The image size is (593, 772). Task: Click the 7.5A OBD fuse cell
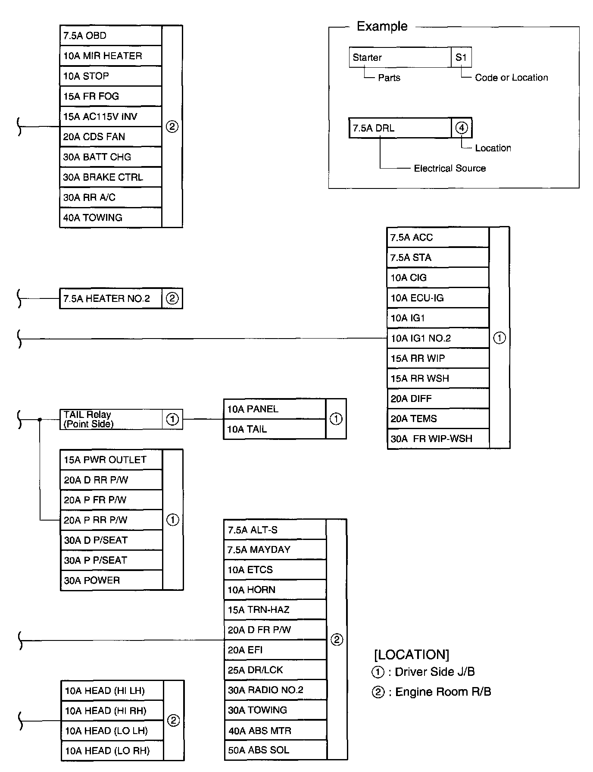(x=110, y=36)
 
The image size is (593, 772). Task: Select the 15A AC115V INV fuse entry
(x=110, y=116)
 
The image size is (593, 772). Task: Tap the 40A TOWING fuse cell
(x=110, y=218)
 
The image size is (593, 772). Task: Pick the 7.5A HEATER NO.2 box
(x=110, y=298)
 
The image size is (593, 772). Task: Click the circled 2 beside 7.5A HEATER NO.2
(x=172, y=298)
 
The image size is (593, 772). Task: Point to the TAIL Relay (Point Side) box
(x=110, y=419)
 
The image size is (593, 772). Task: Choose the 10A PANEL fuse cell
(x=274, y=409)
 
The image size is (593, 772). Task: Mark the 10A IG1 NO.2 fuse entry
(x=437, y=338)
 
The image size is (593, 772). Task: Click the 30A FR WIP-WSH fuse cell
(x=437, y=439)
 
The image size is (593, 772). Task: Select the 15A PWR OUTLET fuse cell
(x=111, y=460)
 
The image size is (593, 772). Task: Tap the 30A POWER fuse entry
(x=111, y=581)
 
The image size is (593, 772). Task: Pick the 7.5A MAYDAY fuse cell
(x=275, y=550)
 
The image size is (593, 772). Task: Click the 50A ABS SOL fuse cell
(x=275, y=750)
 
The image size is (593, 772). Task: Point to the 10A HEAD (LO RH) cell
(x=112, y=751)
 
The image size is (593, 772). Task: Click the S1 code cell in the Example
(x=461, y=57)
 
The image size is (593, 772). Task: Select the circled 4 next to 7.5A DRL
(x=462, y=128)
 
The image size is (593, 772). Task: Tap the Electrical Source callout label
(x=449, y=168)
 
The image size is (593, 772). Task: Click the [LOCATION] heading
(x=411, y=655)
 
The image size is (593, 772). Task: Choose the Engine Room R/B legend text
(x=443, y=692)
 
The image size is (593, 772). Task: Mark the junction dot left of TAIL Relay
(x=40, y=419)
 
